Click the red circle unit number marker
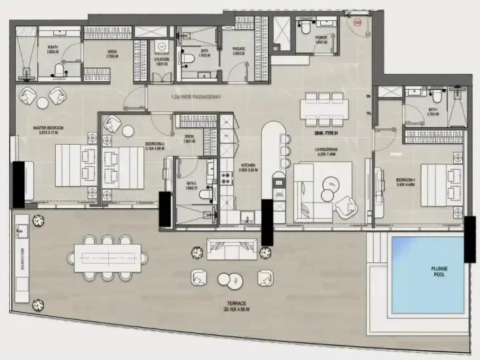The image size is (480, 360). click(357, 22)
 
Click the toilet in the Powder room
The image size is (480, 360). click(305, 27)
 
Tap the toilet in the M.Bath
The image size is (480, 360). click(58, 69)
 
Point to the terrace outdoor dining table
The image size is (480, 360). click(106, 257)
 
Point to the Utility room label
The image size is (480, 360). click(162, 61)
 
